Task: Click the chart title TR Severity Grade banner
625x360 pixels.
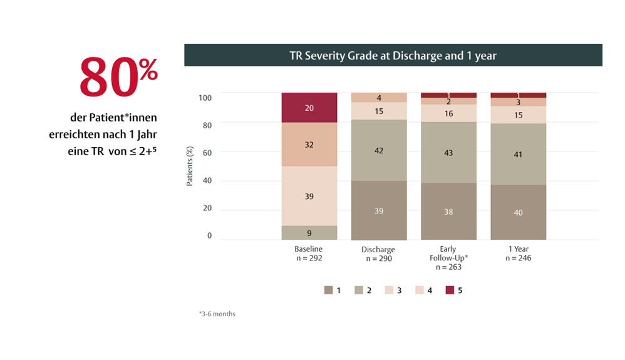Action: click(x=393, y=55)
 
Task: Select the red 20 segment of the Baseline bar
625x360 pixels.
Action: click(x=309, y=108)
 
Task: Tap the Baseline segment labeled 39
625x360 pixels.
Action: click(x=309, y=196)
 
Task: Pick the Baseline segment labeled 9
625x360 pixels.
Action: click(x=309, y=233)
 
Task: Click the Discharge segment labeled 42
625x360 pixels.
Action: click(x=379, y=150)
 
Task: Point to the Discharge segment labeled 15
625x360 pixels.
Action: click(x=379, y=111)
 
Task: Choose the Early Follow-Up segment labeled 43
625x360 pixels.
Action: click(x=448, y=152)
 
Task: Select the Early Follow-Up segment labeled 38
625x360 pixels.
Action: click(x=448, y=212)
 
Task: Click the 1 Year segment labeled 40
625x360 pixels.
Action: click(x=518, y=212)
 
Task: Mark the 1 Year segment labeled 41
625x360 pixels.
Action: click(x=518, y=153)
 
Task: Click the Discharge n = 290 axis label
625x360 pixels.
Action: click(x=378, y=254)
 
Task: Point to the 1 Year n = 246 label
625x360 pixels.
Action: click(x=517, y=254)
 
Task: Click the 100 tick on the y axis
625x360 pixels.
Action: click(x=205, y=97)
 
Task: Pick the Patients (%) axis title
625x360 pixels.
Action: click(x=190, y=167)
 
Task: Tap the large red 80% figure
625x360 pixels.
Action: click(x=117, y=78)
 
